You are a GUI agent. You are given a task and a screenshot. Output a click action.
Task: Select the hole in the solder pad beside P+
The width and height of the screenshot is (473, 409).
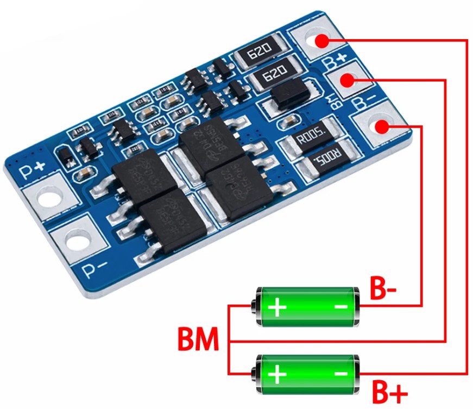click(x=49, y=199)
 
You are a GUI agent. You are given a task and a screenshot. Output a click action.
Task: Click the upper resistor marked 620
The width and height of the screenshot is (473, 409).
click(x=260, y=54)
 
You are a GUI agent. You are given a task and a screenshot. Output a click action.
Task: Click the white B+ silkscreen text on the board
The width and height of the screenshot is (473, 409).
click(x=335, y=61)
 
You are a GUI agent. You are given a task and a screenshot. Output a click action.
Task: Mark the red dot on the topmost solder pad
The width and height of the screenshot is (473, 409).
click(x=321, y=40)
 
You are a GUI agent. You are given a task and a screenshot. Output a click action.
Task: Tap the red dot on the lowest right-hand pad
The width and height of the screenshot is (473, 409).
click(x=382, y=127)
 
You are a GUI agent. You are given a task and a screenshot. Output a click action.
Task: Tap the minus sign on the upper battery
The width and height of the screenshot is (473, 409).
click(x=340, y=307)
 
